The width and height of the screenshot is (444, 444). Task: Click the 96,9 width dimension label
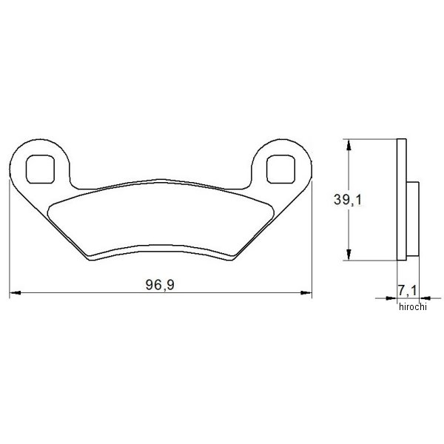[160, 285]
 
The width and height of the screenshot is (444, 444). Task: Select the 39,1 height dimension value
[348, 200]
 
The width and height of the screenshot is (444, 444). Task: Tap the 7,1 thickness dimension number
[408, 291]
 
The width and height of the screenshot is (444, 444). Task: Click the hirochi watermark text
[412, 306]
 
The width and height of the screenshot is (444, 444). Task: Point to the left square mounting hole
[40, 169]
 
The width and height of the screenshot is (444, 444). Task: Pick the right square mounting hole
[280, 169]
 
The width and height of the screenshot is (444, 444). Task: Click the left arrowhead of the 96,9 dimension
[15, 292]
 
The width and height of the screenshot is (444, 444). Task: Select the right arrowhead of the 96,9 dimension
[306, 292]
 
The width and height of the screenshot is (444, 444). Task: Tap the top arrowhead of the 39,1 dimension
[349, 144]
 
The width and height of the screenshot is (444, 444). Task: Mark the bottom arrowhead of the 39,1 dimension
[349, 255]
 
